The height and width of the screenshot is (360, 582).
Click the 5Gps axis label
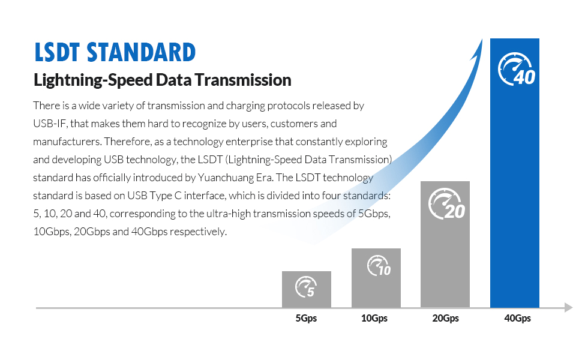click(x=306, y=319)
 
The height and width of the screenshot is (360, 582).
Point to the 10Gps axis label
click(x=374, y=319)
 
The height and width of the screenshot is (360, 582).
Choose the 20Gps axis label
click(x=445, y=319)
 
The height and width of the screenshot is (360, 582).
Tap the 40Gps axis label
click(x=517, y=319)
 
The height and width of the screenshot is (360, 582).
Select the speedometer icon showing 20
click(x=446, y=205)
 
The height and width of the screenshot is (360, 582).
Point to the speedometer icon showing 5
click(x=305, y=287)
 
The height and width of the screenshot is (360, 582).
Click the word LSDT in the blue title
click(x=58, y=53)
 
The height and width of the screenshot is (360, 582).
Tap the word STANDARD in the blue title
click(x=142, y=53)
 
